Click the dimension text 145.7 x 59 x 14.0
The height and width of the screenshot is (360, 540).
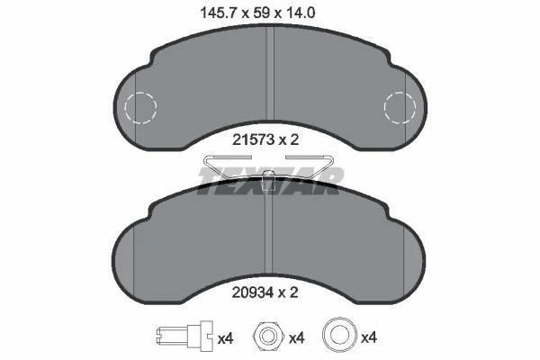(257, 13)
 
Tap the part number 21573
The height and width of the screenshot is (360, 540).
(254, 139)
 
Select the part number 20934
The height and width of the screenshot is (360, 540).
(254, 292)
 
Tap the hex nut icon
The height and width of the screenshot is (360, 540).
(268, 335)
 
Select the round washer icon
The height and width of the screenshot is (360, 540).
(338, 334)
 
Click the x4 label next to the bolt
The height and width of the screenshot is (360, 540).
(226, 339)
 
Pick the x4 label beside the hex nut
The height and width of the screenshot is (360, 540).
(297, 338)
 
